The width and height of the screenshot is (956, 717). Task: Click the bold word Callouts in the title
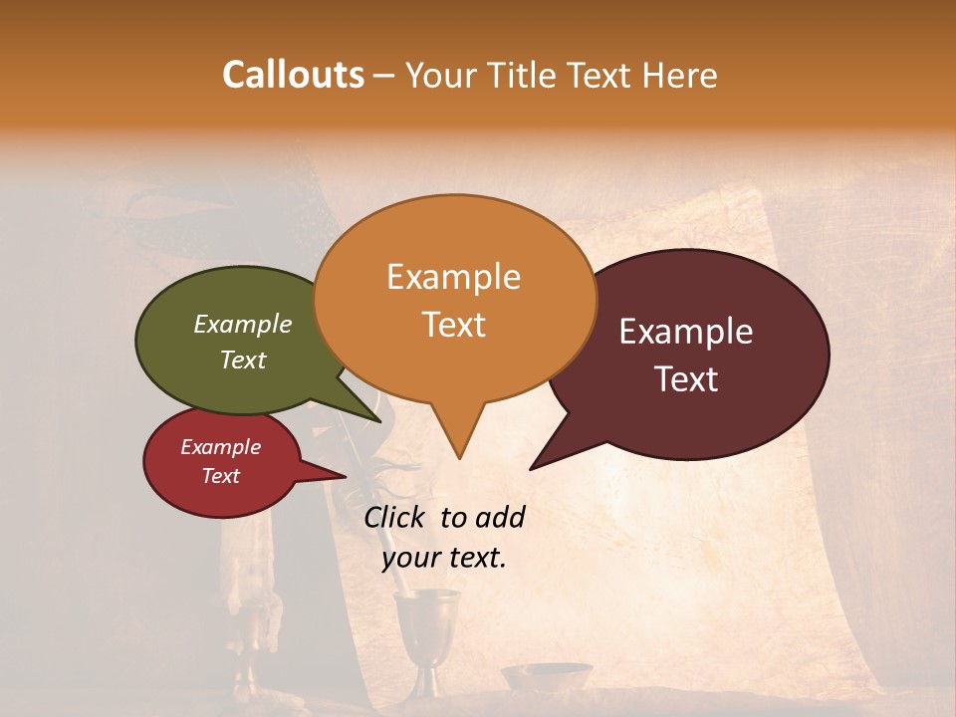pos(294,75)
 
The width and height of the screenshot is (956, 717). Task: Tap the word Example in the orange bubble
pos(453,277)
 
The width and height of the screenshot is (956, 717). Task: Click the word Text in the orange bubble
pos(453,325)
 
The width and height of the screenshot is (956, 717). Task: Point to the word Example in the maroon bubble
pos(686,332)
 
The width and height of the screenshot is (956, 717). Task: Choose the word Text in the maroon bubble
pos(686,379)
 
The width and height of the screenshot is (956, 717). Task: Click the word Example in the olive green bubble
pos(243,325)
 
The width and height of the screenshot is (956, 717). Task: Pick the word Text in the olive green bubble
pos(243,359)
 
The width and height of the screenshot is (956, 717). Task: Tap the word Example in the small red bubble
pos(221,447)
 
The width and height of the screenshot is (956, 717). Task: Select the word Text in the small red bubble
pos(221,476)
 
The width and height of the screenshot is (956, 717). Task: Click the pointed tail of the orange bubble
pos(459,453)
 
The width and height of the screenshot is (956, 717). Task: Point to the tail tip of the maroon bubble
pos(534,466)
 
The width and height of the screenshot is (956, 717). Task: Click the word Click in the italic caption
pos(396,517)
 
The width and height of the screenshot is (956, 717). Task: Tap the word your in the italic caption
pos(409,558)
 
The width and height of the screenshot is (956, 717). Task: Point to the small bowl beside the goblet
pos(546,676)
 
